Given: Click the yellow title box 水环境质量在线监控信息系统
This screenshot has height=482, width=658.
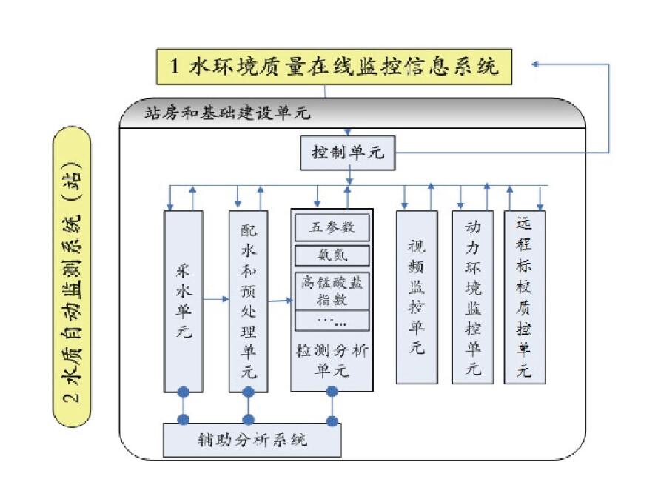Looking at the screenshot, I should pos(334,67).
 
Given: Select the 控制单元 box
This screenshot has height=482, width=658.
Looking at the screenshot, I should pos(347,154).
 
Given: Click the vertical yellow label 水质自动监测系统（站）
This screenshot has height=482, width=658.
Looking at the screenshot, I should pos(73,278).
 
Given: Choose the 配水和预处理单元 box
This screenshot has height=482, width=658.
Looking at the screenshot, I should pos(249,300).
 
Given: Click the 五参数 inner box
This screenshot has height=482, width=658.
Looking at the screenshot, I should pos(332,227).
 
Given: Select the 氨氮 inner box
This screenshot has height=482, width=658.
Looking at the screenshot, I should pos(332,255).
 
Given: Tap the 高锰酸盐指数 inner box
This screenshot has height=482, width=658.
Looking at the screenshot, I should pos(332,290).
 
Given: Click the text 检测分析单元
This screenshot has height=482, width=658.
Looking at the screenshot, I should pos(331,358).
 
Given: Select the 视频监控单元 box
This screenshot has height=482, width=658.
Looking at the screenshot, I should pos(416,296).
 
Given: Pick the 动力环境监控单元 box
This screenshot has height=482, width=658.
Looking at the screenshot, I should pos(472,296).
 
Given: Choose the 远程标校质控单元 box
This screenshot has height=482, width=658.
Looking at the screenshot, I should pos(524,296).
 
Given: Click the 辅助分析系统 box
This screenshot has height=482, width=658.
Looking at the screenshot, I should pos(252,440).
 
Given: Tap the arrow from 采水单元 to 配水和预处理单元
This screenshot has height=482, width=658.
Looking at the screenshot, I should pos(215,299).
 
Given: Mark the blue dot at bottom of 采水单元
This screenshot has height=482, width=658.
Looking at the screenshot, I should pos(183,392).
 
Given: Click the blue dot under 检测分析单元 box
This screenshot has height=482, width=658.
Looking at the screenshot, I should pos(332,392).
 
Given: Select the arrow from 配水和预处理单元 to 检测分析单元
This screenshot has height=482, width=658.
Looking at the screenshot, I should pos(280,301).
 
